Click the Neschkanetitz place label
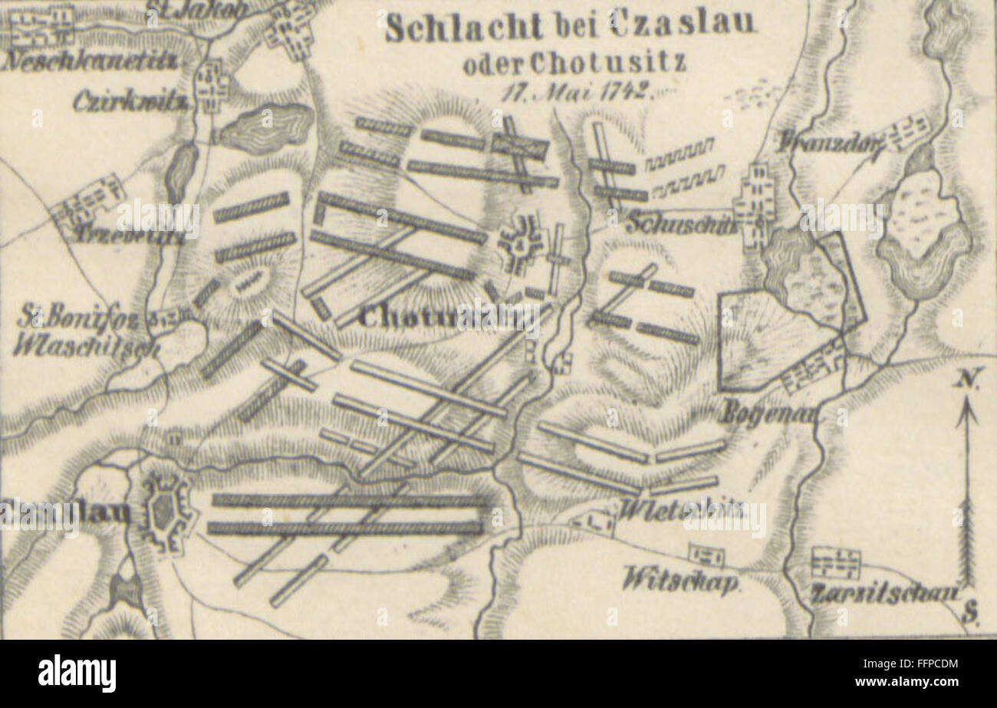pyautogui.click(x=91, y=62)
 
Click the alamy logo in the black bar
pyautogui.click(x=77, y=673)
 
